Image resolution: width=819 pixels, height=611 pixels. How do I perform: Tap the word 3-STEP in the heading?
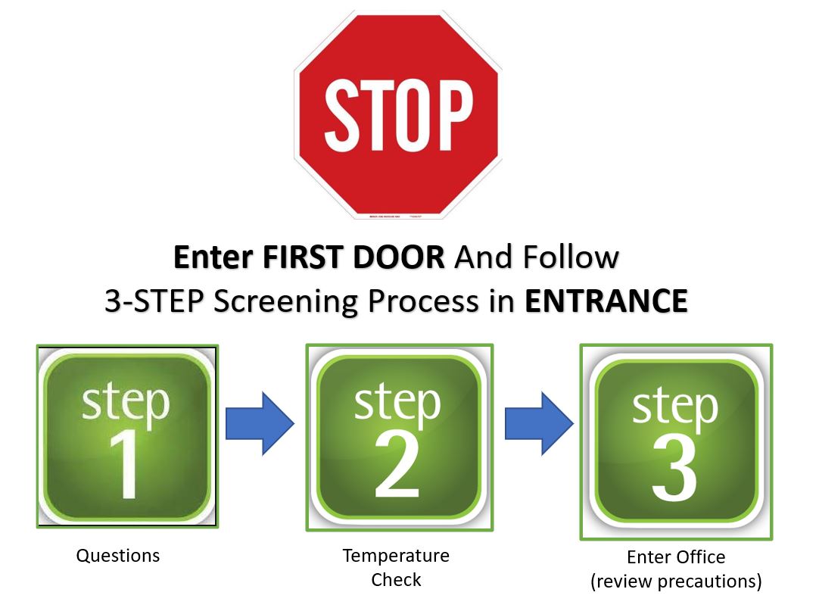155,301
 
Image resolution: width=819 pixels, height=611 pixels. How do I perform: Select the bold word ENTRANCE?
606,301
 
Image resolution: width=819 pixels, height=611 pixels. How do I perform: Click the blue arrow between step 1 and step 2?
259,422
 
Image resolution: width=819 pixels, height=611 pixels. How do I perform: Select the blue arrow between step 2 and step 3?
538,422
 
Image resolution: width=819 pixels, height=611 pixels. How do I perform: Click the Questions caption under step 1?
118,556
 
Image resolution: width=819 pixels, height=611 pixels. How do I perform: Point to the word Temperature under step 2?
396,556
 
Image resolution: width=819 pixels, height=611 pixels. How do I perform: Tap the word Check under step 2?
396,580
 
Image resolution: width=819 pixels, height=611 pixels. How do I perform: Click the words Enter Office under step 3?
676,557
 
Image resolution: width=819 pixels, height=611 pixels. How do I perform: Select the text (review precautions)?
676,581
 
